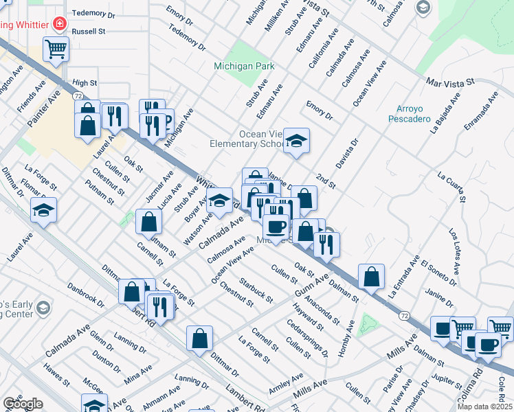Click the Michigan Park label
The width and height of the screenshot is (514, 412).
coord(244,67)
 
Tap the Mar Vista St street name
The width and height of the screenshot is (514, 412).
coord(450,81)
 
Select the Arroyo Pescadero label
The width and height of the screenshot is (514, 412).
coord(413,113)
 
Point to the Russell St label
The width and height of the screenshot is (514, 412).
coord(89,32)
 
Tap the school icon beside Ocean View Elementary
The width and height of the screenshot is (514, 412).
coord(296,141)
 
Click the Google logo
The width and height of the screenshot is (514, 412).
coord(23,404)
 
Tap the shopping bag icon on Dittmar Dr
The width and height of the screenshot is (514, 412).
coord(199,339)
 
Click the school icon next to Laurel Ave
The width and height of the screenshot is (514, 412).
coord(44,211)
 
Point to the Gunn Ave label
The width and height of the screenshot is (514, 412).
coord(309,284)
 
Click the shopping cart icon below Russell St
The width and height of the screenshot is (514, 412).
coord(56,48)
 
